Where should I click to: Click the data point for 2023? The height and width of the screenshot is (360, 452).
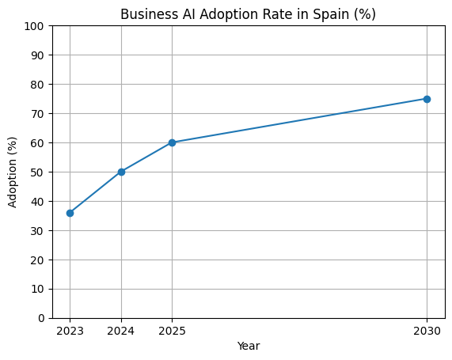pos(70,213)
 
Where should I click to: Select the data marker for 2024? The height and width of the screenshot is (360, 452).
pos(121,172)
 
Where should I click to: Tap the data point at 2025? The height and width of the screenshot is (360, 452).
pos(172,142)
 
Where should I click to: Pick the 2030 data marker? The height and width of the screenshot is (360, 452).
pos(427,99)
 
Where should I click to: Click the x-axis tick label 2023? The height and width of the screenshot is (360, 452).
pos(70,331)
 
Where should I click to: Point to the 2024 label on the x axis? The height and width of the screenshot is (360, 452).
pos(121,331)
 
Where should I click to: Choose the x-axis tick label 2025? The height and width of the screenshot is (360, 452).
pos(172,331)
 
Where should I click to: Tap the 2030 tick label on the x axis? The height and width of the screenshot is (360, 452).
pos(427,331)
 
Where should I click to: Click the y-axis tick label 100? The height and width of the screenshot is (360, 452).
pos(33,26)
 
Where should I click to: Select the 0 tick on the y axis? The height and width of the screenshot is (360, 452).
pos(40,318)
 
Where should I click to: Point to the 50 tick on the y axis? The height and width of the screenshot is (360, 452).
pos(36,172)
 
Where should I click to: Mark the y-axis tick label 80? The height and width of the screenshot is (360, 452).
pos(36,85)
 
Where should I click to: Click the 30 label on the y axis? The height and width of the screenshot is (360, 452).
pos(36,231)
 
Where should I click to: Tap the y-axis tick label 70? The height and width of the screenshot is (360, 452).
pos(36,114)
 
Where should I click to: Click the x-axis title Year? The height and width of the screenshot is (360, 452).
pos(248,346)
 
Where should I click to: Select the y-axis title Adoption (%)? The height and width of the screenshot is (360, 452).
pos(12,172)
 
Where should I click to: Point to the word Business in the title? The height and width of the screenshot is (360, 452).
pos(146,14)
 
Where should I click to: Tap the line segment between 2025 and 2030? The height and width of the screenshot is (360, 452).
pos(299,121)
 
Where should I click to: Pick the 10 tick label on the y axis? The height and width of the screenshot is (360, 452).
pos(36,289)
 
